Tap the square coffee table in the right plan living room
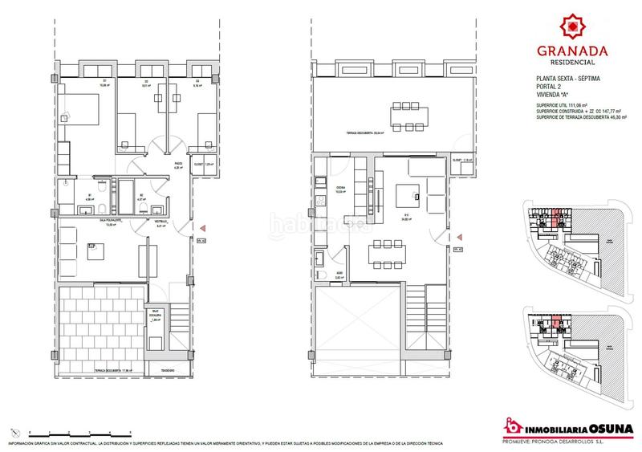(x=406, y=194)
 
